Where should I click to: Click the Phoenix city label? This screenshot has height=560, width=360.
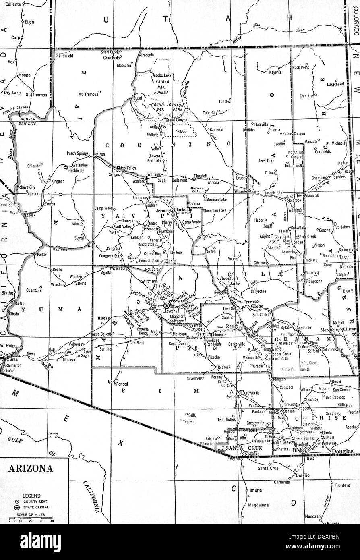coord(178,301)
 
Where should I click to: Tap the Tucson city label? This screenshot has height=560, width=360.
coord(250,392)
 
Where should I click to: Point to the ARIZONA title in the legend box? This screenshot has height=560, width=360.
coord(31,469)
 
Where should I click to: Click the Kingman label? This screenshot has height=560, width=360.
coord(58,181)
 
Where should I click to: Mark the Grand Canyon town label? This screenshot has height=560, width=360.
coord(176,120)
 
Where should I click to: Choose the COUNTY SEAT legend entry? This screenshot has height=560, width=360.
coord(36,502)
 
